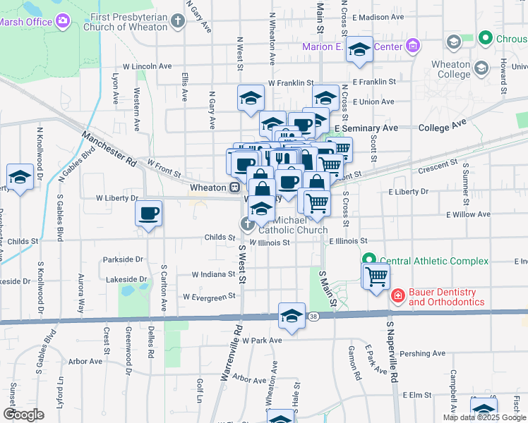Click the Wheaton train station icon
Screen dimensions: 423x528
point(234,188)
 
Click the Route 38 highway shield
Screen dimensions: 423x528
point(311,318)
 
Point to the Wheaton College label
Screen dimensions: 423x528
point(450,69)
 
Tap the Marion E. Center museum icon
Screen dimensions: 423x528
point(413,47)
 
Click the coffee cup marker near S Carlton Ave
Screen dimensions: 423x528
point(148,212)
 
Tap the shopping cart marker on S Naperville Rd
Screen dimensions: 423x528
point(376,276)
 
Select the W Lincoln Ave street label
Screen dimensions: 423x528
point(148,66)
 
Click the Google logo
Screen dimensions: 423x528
point(24,415)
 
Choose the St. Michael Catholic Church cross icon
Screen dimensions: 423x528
point(247,225)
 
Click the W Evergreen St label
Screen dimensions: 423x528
point(208,297)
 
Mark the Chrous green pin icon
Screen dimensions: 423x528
point(485,37)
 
